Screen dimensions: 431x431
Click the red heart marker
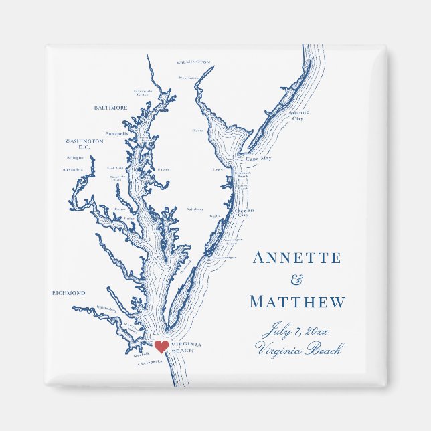tap(161, 346)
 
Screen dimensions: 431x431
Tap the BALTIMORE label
tap(111, 108)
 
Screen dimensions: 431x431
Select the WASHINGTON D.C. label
tap(84, 144)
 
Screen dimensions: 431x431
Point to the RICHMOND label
tap(69, 293)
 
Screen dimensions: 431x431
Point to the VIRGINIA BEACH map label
tap(187, 347)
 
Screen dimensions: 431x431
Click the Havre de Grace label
tap(143, 92)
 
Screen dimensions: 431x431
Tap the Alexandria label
tap(73, 170)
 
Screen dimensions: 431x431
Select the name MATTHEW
tap(298, 303)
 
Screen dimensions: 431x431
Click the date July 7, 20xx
tap(296, 330)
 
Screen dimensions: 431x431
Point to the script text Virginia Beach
tap(298, 349)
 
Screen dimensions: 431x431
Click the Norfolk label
tap(141, 355)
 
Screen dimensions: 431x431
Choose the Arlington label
tap(76, 158)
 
